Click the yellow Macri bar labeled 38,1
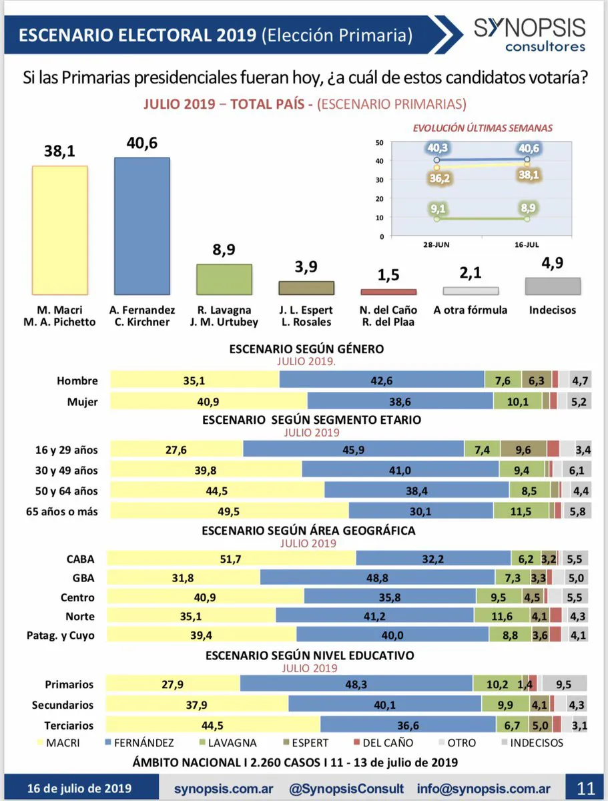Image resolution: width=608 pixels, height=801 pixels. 60,230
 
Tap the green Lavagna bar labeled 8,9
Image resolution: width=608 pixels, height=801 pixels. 224,279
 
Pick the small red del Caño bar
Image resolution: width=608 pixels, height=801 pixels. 388,292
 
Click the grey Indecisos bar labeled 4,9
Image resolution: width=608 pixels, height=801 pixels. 553,286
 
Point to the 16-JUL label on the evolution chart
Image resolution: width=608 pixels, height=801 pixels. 527,245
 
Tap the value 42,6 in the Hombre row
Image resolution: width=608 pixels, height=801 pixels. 382,380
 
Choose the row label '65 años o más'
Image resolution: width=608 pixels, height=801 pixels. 66,511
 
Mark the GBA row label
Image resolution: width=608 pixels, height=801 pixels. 83,578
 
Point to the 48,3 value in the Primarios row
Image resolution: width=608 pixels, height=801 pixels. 357,684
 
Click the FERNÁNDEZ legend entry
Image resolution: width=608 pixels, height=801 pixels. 139,742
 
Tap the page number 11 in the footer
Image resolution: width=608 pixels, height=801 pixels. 585,788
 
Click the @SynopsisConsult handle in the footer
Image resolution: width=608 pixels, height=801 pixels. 346,788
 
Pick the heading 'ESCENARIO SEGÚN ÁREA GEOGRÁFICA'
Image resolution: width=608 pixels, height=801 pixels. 309,531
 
